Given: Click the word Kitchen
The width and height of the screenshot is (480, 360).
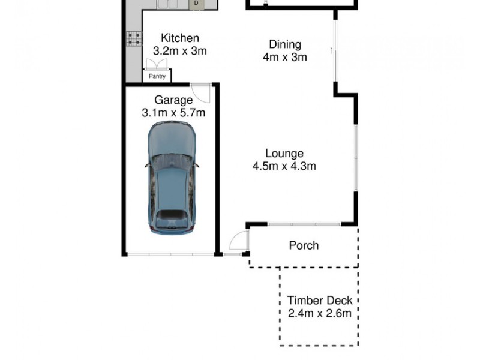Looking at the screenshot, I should coord(180,38).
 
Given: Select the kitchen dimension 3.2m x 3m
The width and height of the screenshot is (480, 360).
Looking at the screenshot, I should coord(180,51).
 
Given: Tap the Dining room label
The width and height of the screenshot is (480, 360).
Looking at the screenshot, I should coord(284,44).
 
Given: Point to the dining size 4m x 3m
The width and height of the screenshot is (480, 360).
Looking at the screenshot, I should coord(284,57).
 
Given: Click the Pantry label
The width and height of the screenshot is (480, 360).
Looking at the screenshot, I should coord(157,76).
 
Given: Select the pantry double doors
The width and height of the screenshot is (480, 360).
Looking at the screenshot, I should coord(151,65).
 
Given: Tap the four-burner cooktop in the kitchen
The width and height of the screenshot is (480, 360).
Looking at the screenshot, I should coord(133,40).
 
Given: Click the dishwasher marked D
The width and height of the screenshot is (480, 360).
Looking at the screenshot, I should coord(196,4).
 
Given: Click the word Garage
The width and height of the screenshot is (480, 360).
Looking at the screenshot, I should coord(173,100).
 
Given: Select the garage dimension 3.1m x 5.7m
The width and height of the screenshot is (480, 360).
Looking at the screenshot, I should coord(173,112).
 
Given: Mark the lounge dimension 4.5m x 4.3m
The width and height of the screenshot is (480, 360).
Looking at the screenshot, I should coord(284,166).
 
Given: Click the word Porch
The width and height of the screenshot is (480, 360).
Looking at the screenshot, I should coord(304,245).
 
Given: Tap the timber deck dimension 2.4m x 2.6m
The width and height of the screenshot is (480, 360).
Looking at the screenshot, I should coord(319,313).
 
